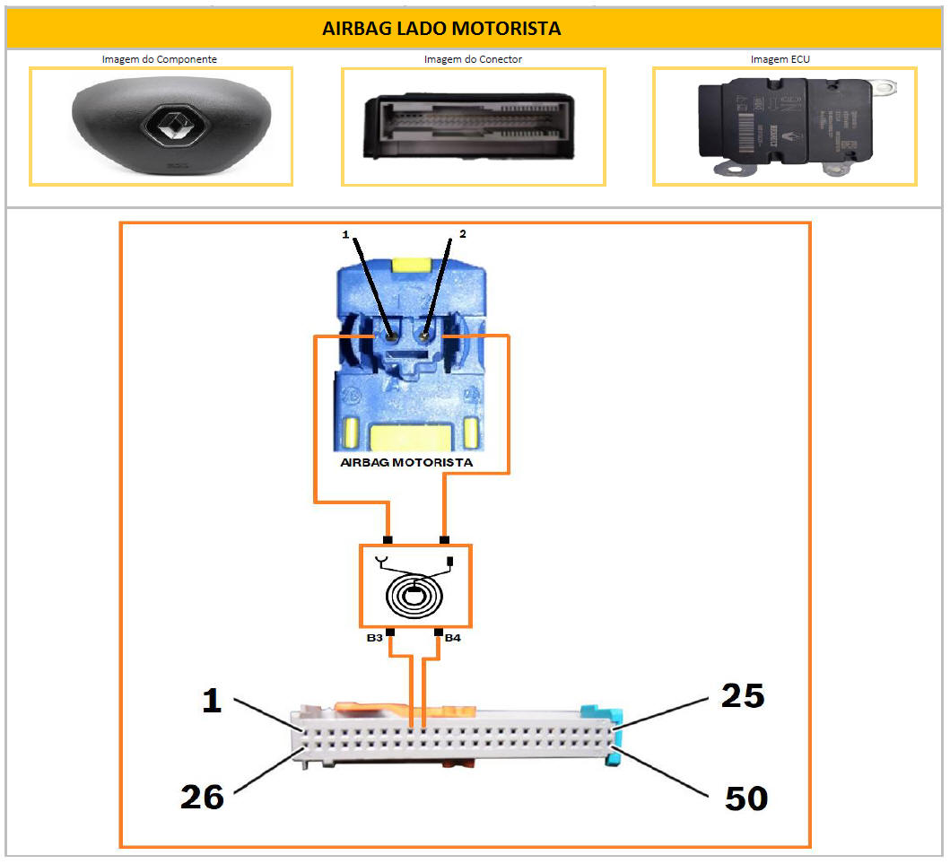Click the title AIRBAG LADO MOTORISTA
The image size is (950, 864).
[x=441, y=29]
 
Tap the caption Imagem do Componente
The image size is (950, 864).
[x=160, y=59]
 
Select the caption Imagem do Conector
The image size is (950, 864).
[x=473, y=59]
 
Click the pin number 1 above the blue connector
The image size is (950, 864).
[x=345, y=234]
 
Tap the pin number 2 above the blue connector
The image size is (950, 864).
[x=462, y=233]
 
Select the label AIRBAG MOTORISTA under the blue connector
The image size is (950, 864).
[x=407, y=463]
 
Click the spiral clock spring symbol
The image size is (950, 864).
[x=414, y=593]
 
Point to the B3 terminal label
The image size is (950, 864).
[x=375, y=637]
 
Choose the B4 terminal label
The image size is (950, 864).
[x=453, y=637]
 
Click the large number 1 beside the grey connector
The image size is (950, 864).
[x=211, y=700]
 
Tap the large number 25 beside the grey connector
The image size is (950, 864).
[x=742, y=695]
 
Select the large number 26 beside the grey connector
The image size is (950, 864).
[x=202, y=796]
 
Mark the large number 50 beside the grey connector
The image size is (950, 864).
[x=745, y=798]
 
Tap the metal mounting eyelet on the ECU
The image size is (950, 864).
[x=887, y=89]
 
